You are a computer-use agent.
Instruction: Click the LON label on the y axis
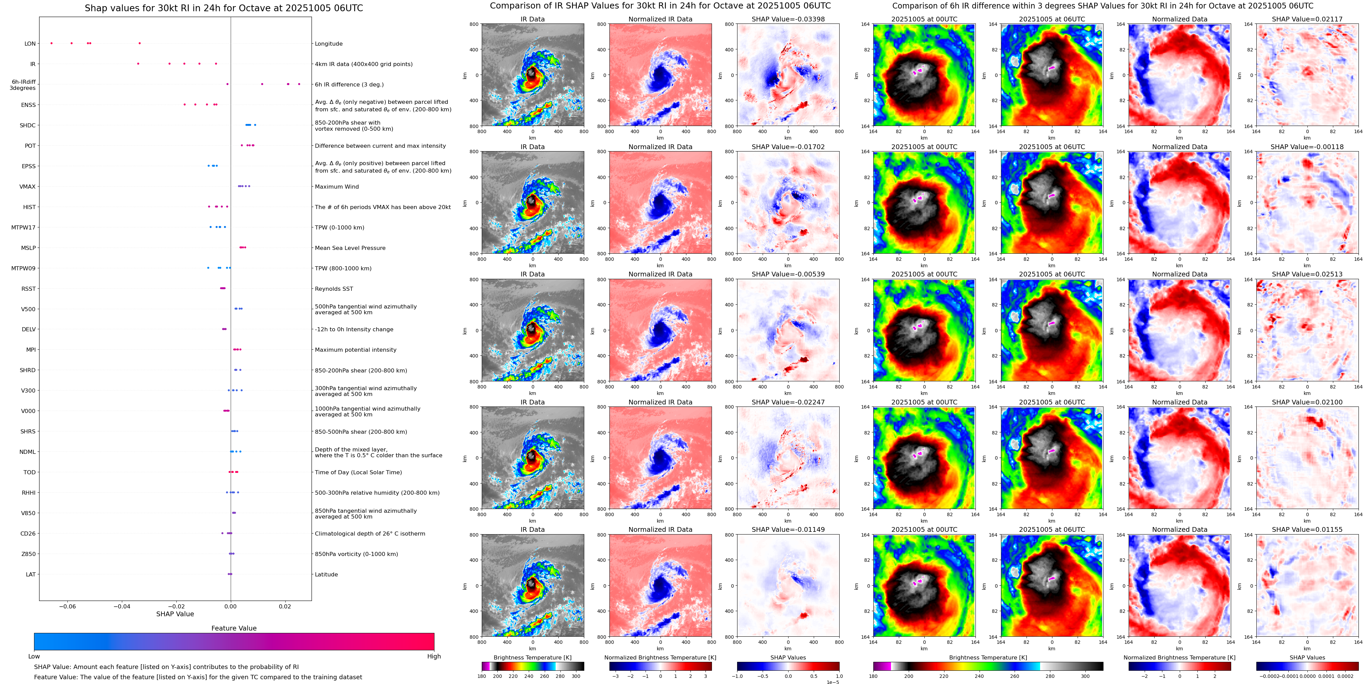[30, 44]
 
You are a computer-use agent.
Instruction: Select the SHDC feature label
[28, 126]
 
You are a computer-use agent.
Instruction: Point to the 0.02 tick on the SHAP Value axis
[285, 606]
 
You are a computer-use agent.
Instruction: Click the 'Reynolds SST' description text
[334, 289]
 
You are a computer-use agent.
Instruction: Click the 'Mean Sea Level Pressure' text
[350, 248]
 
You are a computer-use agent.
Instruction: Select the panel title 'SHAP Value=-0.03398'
[788, 19]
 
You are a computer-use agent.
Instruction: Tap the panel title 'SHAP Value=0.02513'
[1307, 274]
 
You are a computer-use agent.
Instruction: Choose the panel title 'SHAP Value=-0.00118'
[1307, 147]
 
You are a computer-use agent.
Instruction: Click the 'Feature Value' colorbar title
[234, 628]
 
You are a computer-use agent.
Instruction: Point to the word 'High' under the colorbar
[434, 656]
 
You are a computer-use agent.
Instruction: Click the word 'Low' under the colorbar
[34, 656]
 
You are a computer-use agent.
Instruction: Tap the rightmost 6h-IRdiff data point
[299, 84]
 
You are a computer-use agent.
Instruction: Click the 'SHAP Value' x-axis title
[175, 614]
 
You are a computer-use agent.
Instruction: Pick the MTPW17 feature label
[23, 228]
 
